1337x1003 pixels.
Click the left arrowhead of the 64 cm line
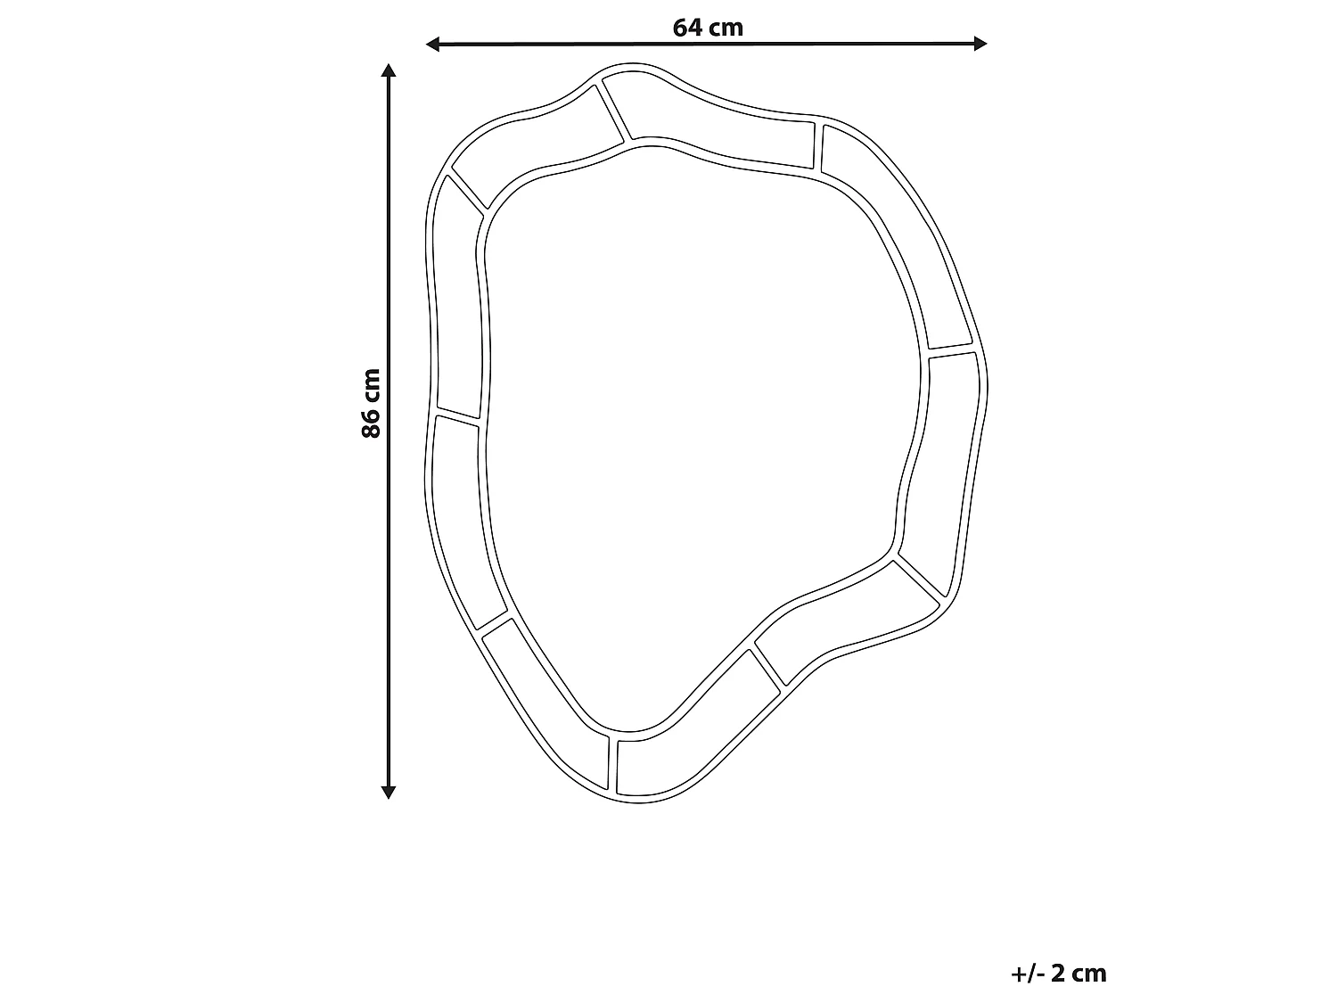[432, 44]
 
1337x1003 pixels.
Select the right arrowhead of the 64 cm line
[980, 43]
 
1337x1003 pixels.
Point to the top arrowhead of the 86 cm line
[389, 70]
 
